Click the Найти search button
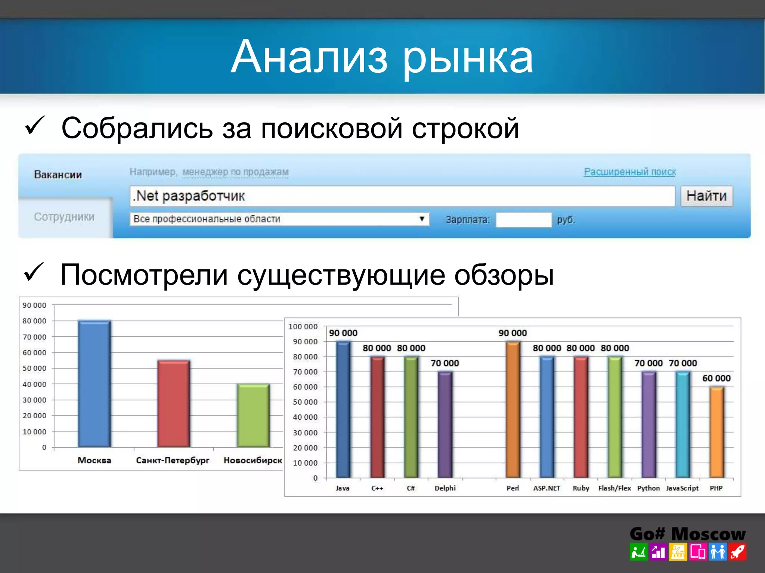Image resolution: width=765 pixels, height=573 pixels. pos(706,196)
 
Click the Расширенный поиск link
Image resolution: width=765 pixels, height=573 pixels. pos(630,172)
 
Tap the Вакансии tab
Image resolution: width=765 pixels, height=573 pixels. pos(58,175)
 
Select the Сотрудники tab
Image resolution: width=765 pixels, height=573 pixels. pos(64,217)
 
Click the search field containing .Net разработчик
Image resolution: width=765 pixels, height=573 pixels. pos(402,196)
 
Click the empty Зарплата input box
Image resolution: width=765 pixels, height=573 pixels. pos(523,220)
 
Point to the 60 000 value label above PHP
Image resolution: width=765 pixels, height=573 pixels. pos(716,378)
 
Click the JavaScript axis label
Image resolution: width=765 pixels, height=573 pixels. pos(682,488)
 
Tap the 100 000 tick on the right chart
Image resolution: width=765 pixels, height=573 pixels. pos(303,326)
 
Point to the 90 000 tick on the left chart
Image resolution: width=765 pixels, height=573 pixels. pos(34,305)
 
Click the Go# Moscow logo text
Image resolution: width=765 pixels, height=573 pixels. pos(687,534)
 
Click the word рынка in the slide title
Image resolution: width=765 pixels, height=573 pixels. pos(468,57)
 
